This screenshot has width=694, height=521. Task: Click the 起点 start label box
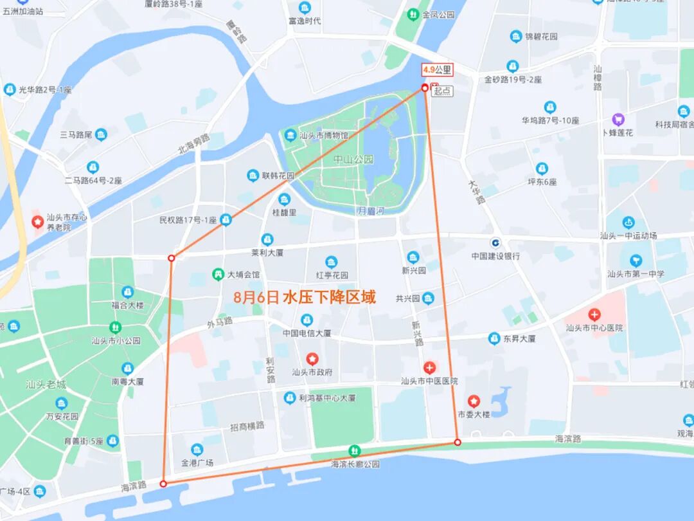[x=442, y=91]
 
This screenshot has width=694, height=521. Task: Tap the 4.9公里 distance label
[x=437, y=69]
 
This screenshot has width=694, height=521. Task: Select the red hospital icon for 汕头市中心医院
[x=594, y=315]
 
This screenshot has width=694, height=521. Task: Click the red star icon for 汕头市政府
[x=312, y=358]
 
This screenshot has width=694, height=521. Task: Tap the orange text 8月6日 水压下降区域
[x=305, y=297]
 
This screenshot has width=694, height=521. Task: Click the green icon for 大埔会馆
[x=218, y=275]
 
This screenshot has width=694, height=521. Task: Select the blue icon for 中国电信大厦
[x=307, y=320]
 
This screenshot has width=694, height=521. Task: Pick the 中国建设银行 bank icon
[x=495, y=242]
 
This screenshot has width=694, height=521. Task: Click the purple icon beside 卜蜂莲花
[x=618, y=120]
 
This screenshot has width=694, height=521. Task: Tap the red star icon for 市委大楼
[x=474, y=401]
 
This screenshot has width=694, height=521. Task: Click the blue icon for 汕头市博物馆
[x=290, y=136]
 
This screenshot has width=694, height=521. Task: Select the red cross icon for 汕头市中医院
[x=429, y=367]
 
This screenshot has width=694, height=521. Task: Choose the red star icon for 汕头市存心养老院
[x=38, y=222]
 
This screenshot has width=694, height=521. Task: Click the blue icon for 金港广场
[x=197, y=450]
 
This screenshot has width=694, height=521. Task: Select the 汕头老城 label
[x=46, y=385]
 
